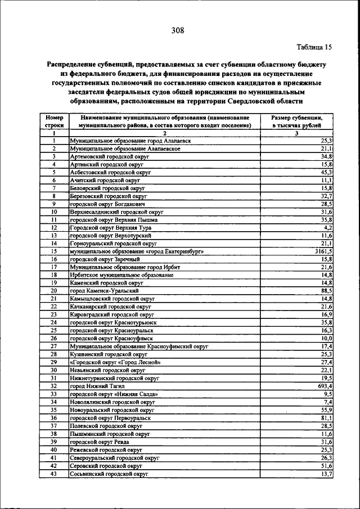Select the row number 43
[x=54, y=474]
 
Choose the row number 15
[x=54, y=251]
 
